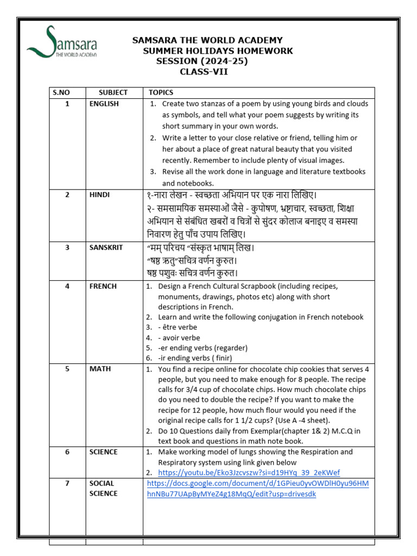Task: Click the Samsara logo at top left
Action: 62,42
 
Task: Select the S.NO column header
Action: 61,93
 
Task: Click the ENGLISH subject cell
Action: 104,104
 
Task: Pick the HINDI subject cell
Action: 100,194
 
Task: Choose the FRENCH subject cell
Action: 103,286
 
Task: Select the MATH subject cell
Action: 100,369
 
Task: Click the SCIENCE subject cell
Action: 103,452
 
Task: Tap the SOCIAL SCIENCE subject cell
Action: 103,488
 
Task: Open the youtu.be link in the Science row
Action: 249,472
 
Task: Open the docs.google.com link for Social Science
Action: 258,489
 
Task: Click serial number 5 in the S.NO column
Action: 67,369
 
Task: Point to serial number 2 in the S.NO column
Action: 67,194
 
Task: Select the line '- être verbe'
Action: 178,327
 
